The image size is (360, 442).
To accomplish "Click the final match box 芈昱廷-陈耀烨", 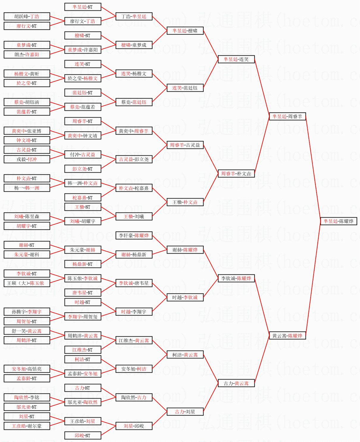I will click(x=339, y=221).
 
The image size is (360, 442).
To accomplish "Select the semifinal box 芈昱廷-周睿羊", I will click(x=287, y=116).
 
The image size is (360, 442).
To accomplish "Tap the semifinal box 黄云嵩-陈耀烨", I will click(x=287, y=335).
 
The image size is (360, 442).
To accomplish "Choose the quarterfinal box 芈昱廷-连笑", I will click(x=236, y=59).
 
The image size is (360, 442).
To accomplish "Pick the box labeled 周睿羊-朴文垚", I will click(x=236, y=174).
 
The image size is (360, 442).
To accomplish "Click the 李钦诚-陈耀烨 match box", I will click(x=236, y=278).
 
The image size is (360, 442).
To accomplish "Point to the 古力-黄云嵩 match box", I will click(x=236, y=383).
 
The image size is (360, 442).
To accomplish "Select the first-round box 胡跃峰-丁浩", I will click(x=27, y=16).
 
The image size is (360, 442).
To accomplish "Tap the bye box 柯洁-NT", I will click(x=83, y=359).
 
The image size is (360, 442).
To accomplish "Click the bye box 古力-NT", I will click(x=83, y=388).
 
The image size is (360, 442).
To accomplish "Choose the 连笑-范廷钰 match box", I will click(x=185, y=88).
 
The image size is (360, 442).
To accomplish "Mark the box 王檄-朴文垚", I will click(x=185, y=202).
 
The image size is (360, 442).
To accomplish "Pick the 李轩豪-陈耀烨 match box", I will click(x=134, y=235).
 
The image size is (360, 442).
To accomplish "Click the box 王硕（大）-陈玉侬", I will click(x=27, y=283).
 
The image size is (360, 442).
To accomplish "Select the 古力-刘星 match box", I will click(x=185, y=412).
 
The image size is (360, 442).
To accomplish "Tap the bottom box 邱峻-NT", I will click(x=83, y=435).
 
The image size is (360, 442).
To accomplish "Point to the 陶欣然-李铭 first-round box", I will click(x=27, y=397).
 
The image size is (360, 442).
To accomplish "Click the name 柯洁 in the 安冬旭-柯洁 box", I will click(x=142, y=369).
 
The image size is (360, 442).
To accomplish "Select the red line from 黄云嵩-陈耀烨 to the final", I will click(x=313, y=278).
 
